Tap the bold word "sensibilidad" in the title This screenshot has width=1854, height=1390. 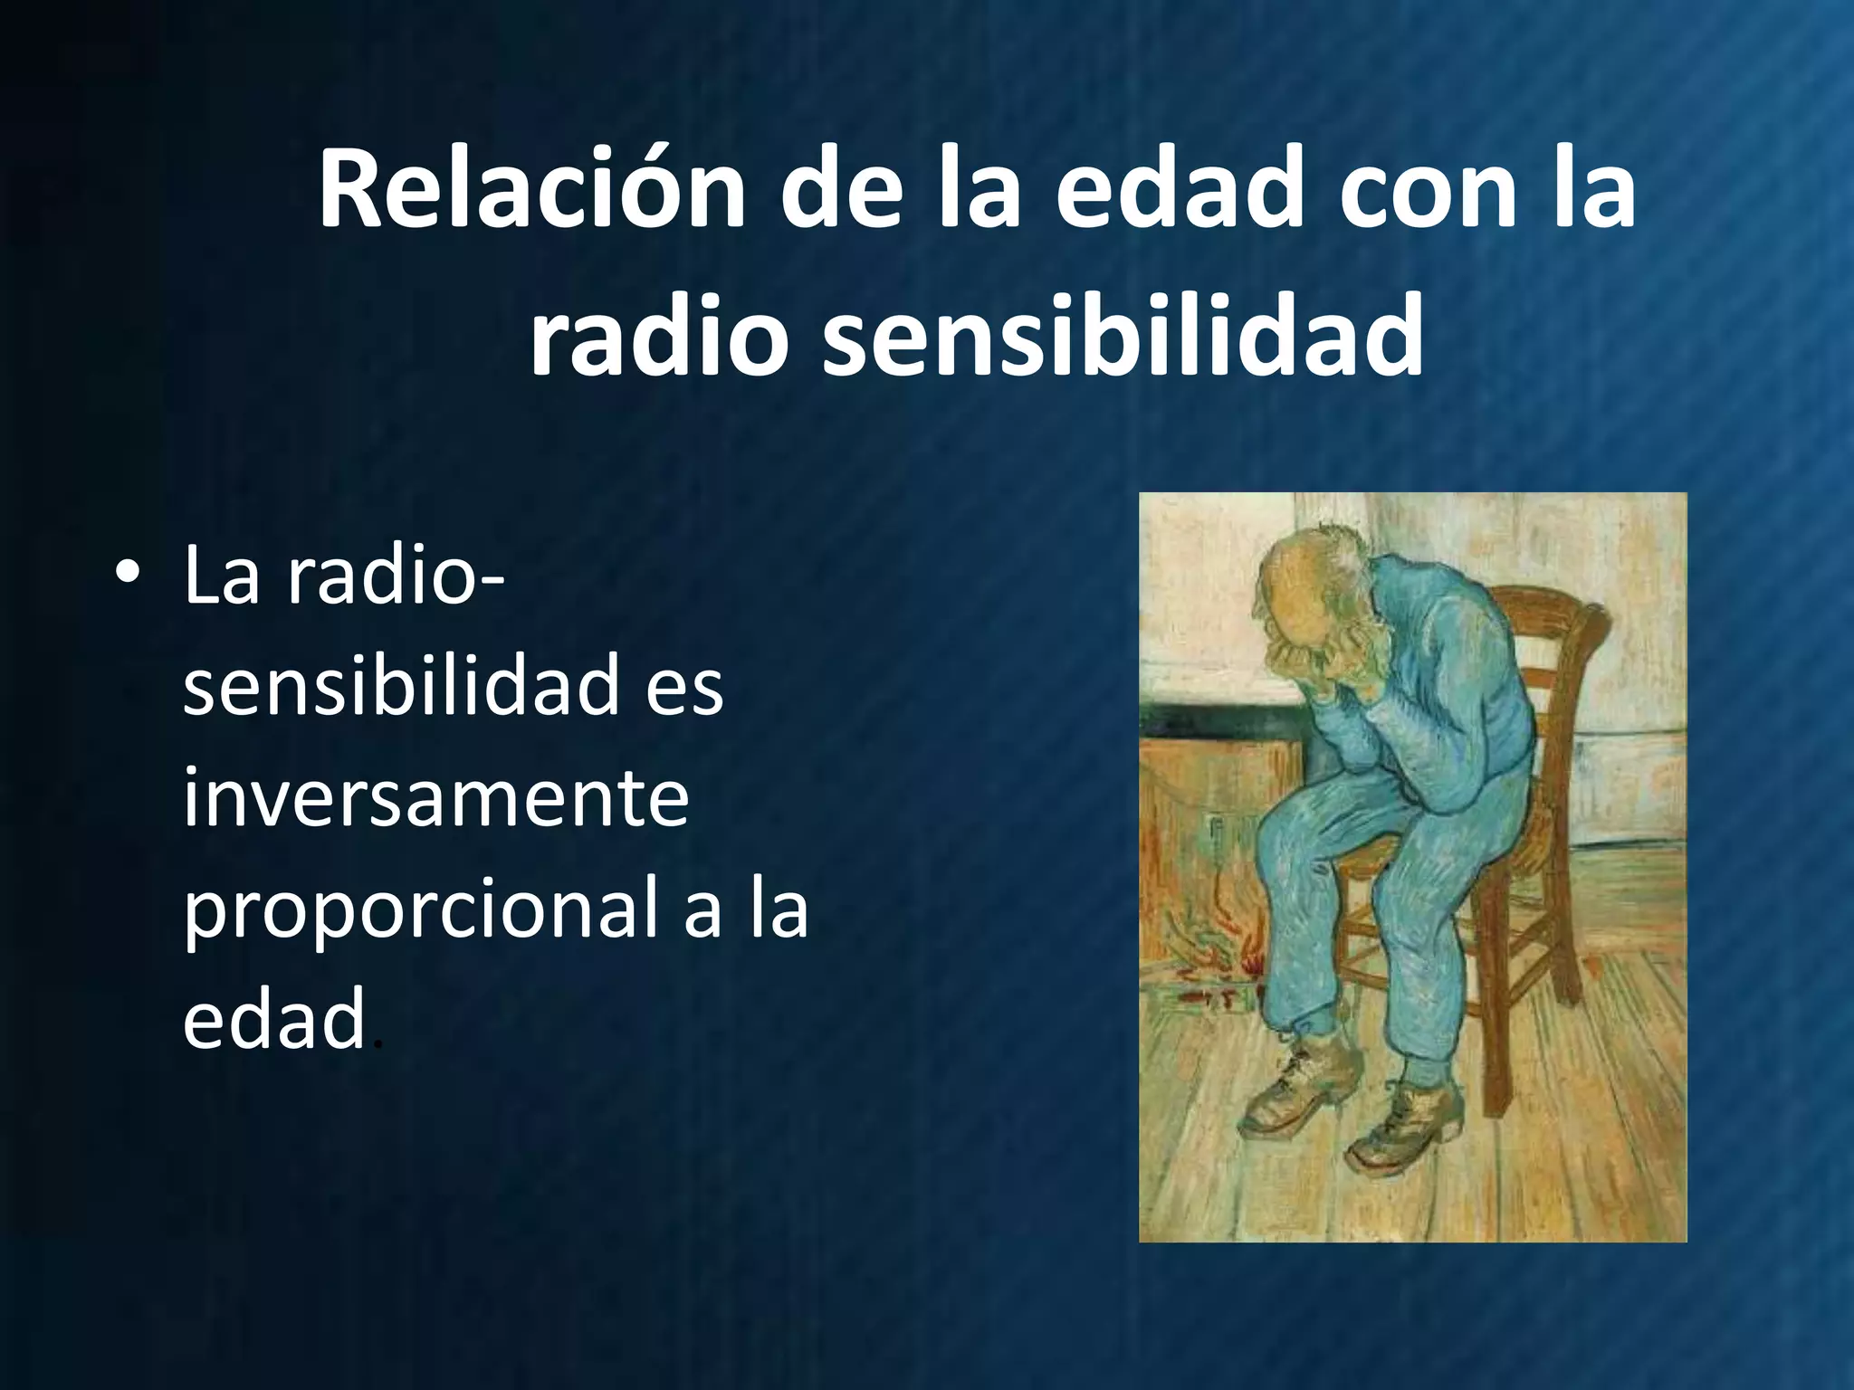point(1122,338)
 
